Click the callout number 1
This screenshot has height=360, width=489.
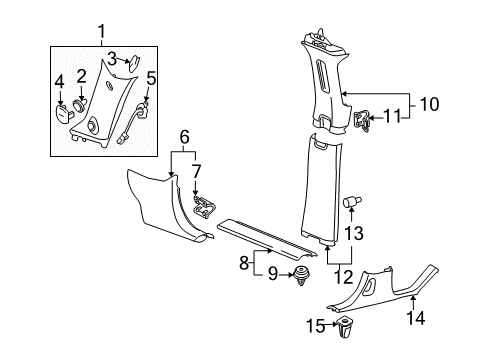pyautogui.click(x=100, y=36)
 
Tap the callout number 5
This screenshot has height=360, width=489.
pyautogui.click(x=150, y=77)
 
